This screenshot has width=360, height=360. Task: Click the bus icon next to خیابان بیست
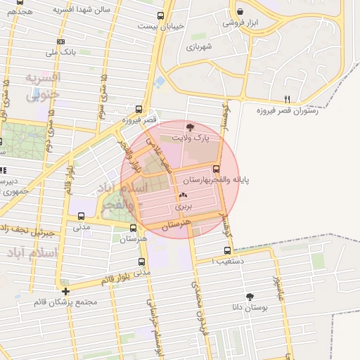coord(160,15)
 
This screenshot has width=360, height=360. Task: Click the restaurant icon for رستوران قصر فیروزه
coord(286,98)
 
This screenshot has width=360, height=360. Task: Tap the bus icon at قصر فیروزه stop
coord(139,109)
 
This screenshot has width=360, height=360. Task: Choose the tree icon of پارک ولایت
coord(190,127)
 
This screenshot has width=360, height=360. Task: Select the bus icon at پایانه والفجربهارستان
coord(215,169)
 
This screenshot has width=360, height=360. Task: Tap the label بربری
coord(184,208)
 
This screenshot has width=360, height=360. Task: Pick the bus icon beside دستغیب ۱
coord(226,250)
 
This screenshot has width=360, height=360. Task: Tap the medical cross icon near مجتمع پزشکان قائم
coord(65,291)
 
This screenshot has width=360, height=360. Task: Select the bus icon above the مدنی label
coord(82,217)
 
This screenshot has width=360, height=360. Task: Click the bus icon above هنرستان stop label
coord(134,229)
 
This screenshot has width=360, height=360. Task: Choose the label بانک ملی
coord(60,52)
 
